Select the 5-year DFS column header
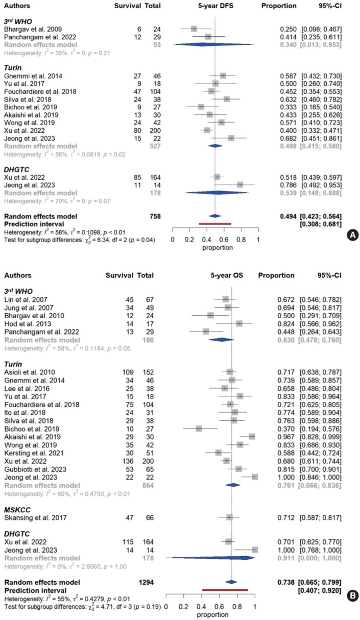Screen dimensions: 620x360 215,6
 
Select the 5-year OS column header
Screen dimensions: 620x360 227,275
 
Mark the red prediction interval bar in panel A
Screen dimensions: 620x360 214,209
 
